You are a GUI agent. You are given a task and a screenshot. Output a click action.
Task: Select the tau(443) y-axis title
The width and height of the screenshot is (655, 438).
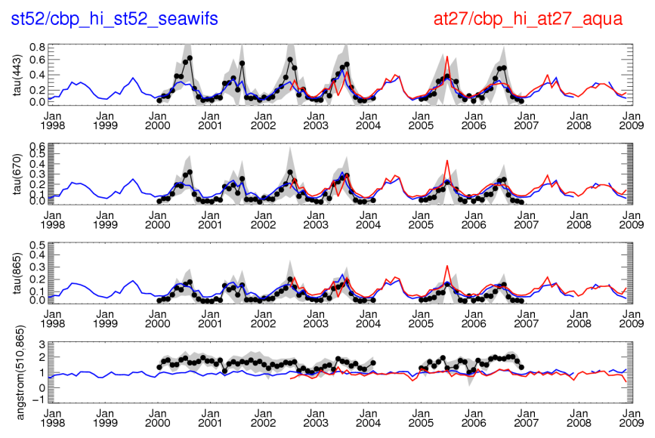(x=15, y=73)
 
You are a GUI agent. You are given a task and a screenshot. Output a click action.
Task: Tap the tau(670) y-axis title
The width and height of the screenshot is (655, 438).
(x=15, y=173)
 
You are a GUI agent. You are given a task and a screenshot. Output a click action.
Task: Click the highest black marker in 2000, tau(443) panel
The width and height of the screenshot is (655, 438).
(x=190, y=58)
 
